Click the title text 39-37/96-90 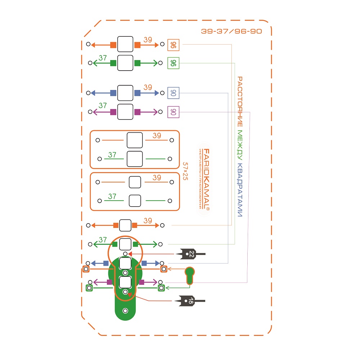[x=231, y=31]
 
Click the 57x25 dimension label [x=185, y=171]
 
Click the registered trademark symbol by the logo [x=208, y=208]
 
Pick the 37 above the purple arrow [x=103, y=106]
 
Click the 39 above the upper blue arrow [x=148, y=87]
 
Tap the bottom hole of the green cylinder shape [x=125, y=311]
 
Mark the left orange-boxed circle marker [x=86, y=269]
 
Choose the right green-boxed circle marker [x=161, y=288]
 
